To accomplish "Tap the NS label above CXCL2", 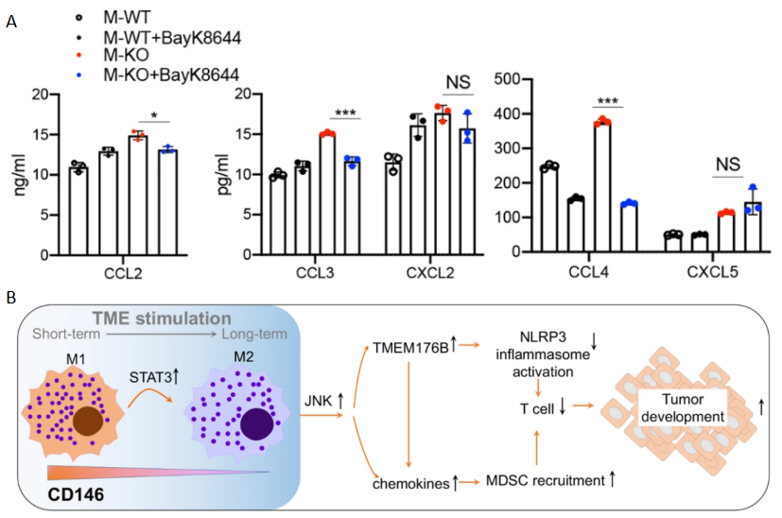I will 457,83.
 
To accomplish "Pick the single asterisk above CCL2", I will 154,117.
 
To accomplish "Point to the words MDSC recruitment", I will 548,481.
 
